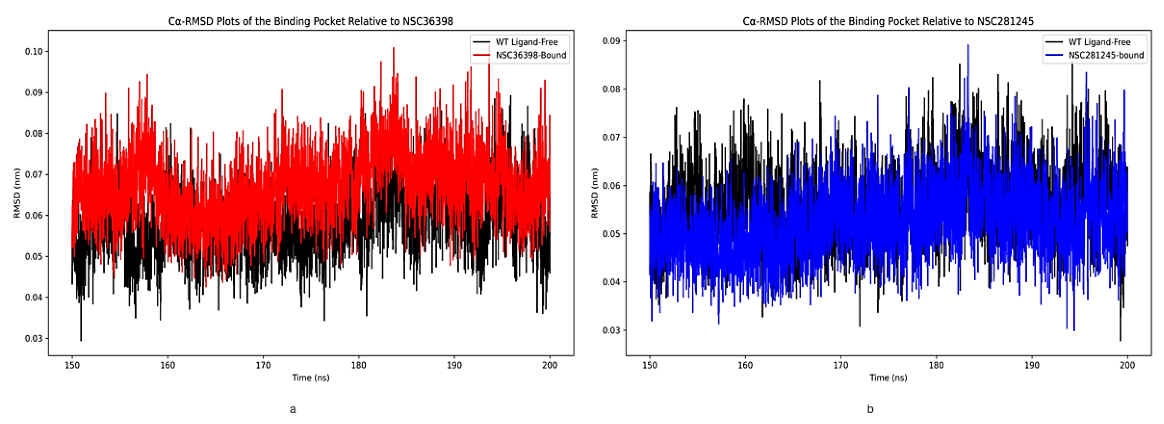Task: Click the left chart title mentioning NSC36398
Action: pyautogui.click(x=311, y=21)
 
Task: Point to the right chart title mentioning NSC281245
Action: pyautogui.click(x=888, y=21)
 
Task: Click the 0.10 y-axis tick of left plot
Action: pyautogui.click(x=34, y=51)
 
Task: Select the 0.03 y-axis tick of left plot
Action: pyautogui.click(x=34, y=338)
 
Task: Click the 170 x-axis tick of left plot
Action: pyautogui.click(x=263, y=365)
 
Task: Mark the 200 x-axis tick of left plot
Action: pyautogui.click(x=549, y=365)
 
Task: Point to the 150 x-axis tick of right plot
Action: pyautogui.click(x=650, y=365)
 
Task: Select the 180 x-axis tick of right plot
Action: pyautogui.click(x=936, y=365)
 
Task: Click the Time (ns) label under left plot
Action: pyautogui.click(x=311, y=377)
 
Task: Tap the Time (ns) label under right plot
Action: pyautogui.click(x=888, y=377)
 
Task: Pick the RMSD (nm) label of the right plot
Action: pyautogui.click(x=595, y=193)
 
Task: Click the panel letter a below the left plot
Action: pyautogui.click(x=293, y=410)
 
